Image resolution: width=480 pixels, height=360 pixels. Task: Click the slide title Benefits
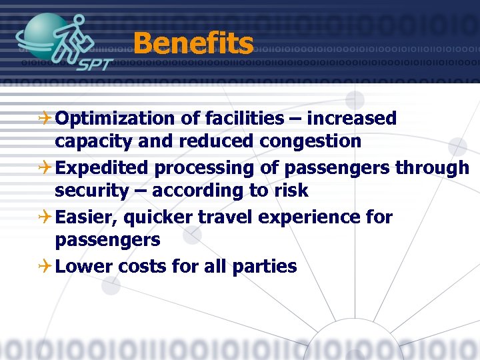(x=193, y=45)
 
